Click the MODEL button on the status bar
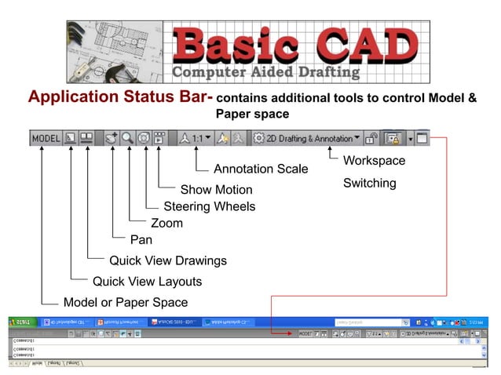46,138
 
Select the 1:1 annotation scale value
197,138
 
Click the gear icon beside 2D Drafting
258,138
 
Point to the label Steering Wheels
210,206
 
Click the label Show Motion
216,189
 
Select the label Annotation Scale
261,169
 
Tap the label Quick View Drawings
168,260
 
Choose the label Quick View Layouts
147,282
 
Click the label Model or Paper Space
126,303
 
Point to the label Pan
141,240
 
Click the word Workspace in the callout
374,161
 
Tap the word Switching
369,184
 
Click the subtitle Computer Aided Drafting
265,73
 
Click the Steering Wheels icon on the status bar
144,138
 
